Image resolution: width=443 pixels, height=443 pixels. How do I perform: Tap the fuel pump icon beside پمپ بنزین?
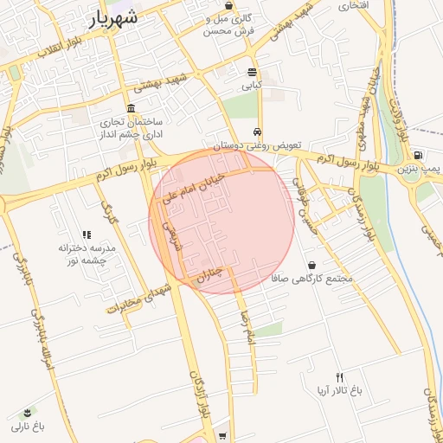click(420, 156)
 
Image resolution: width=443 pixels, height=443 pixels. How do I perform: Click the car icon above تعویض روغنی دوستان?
click(258, 132)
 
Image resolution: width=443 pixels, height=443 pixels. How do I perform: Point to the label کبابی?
click(252, 86)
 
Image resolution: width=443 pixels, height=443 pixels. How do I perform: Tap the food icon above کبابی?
click(252, 73)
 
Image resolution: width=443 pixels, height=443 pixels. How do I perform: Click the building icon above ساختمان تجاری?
click(131, 109)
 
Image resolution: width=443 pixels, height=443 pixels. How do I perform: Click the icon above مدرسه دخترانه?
click(86, 234)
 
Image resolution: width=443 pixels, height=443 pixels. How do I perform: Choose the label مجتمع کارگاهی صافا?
click(312, 279)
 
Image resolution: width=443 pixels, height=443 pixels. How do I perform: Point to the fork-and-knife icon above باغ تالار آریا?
click(339, 377)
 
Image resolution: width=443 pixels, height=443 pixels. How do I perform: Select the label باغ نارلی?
click(28, 427)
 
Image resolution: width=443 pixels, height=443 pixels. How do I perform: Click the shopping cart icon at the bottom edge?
click(223, 436)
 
